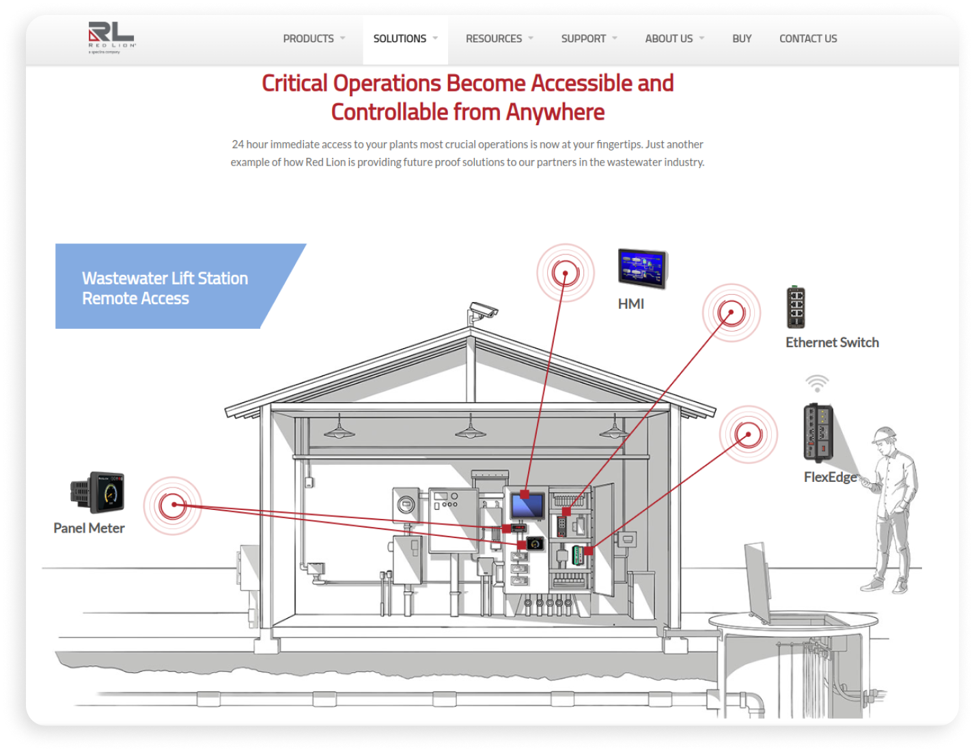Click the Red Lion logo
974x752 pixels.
(111, 38)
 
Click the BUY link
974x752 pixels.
(741, 38)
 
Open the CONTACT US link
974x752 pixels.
(808, 38)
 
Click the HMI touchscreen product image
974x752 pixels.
(642, 269)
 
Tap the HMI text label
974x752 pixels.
(630, 304)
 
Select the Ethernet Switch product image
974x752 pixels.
(796, 307)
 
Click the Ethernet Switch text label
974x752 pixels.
(832, 343)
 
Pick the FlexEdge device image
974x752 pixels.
(818, 433)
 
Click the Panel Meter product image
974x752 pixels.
(97, 492)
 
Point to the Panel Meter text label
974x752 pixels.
(89, 528)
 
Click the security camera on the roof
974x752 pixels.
(482, 312)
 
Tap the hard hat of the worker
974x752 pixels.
(885, 434)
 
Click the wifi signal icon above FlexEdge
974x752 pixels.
(817, 384)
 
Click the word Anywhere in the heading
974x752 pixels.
(555, 112)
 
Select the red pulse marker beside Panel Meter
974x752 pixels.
(173, 505)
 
